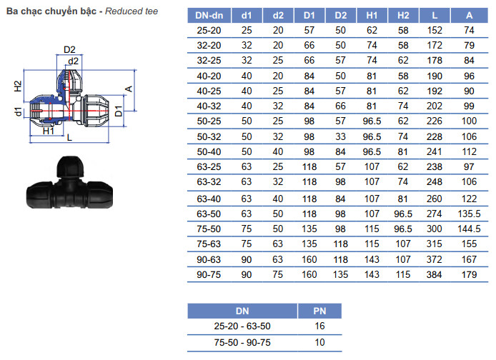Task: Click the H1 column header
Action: point(372,16)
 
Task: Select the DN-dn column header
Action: point(209,16)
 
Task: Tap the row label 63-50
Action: point(209,214)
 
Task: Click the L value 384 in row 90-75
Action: point(434,275)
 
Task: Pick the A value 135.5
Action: point(469,214)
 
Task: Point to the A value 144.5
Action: point(469,229)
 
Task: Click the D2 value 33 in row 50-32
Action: point(340,137)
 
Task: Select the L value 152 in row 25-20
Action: point(435,30)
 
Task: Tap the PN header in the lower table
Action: point(319,311)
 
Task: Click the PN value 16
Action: point(319,326)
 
